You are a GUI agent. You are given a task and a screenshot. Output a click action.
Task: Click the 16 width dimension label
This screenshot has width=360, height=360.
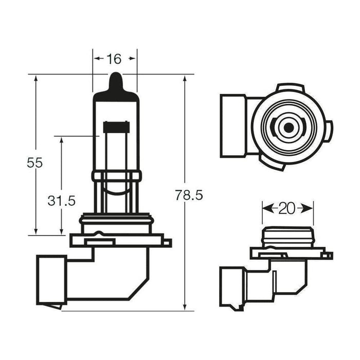click(114, 59)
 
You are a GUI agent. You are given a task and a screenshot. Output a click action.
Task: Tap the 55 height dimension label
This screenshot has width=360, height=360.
click(34, 163)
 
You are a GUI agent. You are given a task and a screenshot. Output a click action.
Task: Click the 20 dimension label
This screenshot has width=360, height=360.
click(287, 208)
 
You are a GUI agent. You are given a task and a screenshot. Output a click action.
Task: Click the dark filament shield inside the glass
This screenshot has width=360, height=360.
click(116, 127)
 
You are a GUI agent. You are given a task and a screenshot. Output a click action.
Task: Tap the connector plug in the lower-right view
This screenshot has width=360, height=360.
click(230, 286)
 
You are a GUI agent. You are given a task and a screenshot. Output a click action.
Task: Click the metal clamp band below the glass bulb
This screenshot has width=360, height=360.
click(116, 176)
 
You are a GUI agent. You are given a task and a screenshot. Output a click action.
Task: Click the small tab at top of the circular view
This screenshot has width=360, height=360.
click(291, 87)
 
